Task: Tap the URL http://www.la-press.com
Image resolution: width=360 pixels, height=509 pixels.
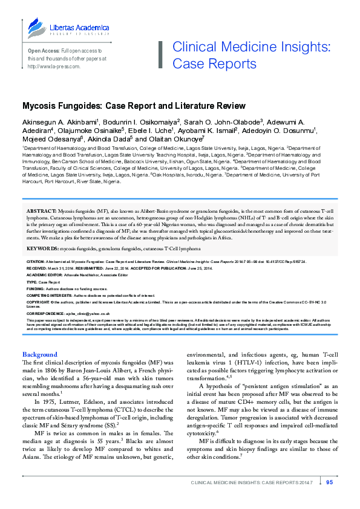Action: (x=54, y=66)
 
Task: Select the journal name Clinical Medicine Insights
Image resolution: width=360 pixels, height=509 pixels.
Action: (x=251, y=48)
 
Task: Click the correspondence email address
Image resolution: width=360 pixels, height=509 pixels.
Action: (x=84, y=314)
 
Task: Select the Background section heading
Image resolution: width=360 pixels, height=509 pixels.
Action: (x=40, y=354)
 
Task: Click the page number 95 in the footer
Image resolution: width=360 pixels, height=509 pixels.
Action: (x=329, y=499)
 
